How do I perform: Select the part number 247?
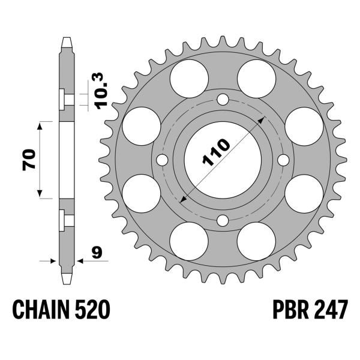pyautogui.click(x=329, y=311)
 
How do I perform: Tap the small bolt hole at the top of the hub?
pyautogui.click(x=222, y=100)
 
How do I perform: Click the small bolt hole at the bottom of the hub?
pyautogui.click(x=222, y=220)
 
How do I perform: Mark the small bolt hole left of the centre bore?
pyautogui.click(x=162, y=160)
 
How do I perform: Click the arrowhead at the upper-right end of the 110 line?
pyautogui.click(x=262, y=120)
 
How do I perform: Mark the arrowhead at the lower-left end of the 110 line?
pyautogui.click(x=182, y=199)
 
